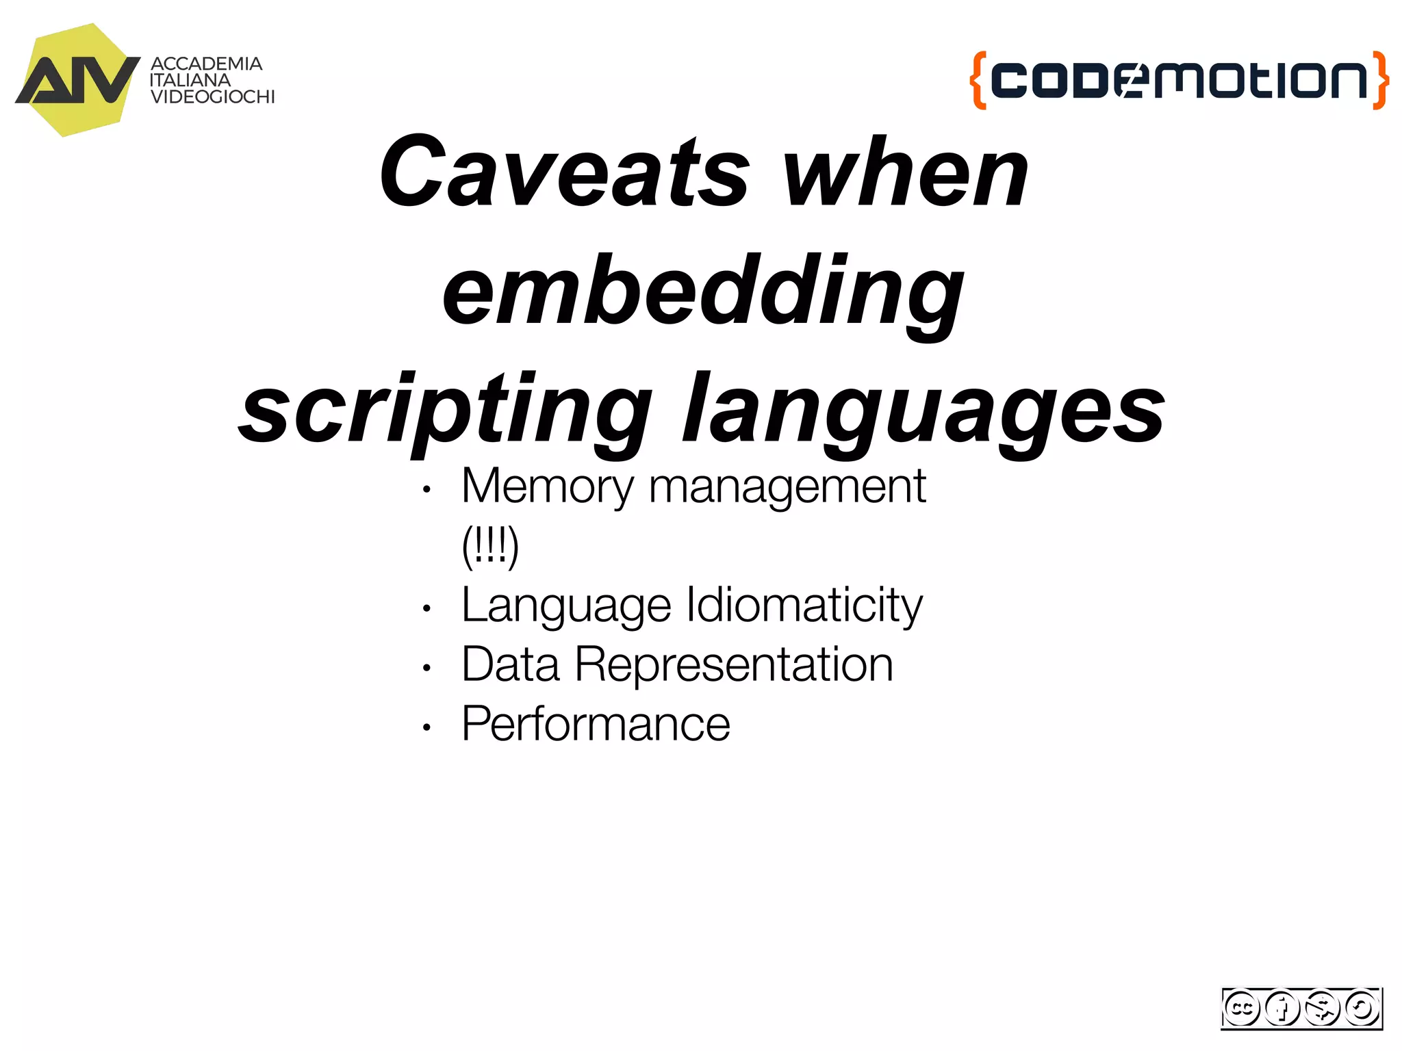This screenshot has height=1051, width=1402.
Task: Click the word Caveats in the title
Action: point(565,171)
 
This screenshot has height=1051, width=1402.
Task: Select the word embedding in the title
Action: point(703,291)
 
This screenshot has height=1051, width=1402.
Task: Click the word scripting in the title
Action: point(445,409)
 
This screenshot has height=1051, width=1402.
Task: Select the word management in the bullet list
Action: point(787,487)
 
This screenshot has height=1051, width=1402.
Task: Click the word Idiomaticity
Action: point(804,606)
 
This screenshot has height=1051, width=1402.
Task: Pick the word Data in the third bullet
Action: point(511,665)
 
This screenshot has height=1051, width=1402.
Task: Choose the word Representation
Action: point(734,665)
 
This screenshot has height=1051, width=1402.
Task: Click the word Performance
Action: point(596,724)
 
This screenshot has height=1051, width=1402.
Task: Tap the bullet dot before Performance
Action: point(426,727)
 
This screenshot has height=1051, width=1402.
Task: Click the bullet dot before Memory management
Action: point(426,490)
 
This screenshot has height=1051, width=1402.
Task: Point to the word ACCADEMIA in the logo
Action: point(206,64)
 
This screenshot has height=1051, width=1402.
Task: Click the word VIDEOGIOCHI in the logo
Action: point(212,97)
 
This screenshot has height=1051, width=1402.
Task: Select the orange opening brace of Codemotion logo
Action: point(978,80)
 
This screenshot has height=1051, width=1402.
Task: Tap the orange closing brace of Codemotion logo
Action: point(1381,80)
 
